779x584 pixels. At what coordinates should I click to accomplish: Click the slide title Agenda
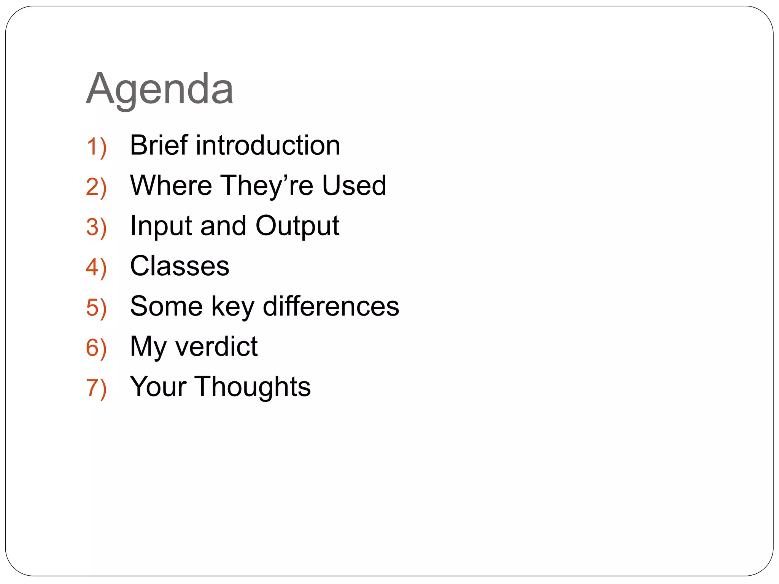tap(160, 89)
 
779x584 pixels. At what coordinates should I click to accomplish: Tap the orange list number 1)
tap(96, 147)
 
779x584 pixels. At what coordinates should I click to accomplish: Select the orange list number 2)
tap(96, 187)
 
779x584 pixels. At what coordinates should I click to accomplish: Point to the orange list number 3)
tap(96, 228)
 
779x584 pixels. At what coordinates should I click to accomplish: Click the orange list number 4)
tap(96, 268)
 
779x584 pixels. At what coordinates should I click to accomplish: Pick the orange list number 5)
tap(96, 308)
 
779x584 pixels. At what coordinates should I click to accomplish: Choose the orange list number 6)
tap(96, 348)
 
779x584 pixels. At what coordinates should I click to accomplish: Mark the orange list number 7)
tap(96, 389)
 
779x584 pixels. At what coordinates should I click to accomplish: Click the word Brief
tap(159, 145)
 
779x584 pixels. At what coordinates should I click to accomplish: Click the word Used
tap(354, 186)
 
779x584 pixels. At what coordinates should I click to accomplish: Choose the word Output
tap(297, 226)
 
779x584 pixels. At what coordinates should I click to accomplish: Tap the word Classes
tap(180, 266)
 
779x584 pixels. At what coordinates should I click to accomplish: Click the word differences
tap(331, 306)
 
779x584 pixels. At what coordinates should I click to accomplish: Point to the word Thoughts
tap(253, 387)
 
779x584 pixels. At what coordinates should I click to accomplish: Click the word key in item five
tap(233, 307)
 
